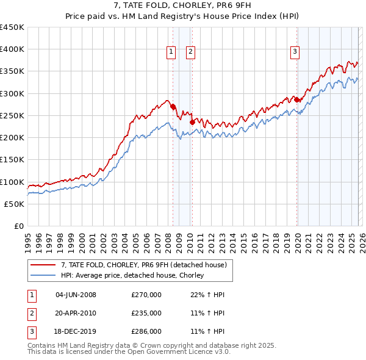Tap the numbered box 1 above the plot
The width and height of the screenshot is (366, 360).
point(171,52)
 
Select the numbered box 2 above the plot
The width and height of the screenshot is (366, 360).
point(190,52)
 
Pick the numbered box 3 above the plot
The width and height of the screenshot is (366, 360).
point(295,52)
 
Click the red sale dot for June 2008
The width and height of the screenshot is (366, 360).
point(173,106)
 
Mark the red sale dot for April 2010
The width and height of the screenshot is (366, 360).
point(192,122)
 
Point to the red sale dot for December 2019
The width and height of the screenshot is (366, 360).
point(297,99)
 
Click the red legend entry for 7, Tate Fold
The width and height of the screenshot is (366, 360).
point(144,265)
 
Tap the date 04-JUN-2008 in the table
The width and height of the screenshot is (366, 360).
point(76,295)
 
